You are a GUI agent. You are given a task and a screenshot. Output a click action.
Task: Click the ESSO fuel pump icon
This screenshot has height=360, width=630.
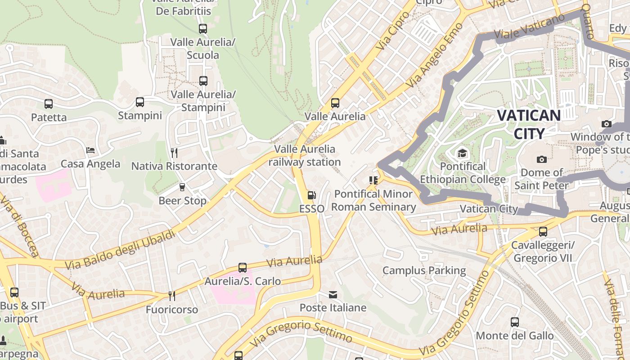tap(311, 195)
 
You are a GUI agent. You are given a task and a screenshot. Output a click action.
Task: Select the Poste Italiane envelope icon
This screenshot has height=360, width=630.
tap(333, 295)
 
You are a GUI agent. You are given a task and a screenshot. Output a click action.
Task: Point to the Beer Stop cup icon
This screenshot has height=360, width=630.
tap(182, 187)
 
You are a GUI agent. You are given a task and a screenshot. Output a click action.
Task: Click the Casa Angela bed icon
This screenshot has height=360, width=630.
tap(90, 150)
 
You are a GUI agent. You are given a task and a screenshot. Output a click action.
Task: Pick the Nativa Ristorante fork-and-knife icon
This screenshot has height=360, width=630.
tap(174, 153)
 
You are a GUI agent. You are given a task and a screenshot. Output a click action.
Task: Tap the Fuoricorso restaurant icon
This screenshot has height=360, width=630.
tap(171, 296)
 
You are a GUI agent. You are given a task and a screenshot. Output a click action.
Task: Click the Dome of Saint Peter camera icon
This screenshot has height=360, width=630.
tap(542, 159)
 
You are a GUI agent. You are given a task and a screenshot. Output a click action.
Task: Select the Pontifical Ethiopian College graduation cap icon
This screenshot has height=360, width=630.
tap(462, 153)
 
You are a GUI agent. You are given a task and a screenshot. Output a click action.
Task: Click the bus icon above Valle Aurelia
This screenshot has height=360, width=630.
tap(335, 103)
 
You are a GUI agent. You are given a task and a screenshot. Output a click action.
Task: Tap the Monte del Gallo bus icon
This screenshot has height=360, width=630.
tap(515, 322)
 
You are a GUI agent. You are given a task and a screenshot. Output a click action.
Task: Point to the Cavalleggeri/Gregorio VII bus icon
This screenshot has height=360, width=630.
tap(543, 232)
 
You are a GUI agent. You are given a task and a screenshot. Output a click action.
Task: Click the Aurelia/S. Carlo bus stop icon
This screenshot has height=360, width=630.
tap(243, 268)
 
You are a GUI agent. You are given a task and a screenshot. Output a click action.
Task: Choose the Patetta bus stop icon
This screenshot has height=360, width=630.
tap(49, 104)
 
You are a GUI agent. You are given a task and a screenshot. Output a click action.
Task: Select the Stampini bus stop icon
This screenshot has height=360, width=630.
tap(140, 102)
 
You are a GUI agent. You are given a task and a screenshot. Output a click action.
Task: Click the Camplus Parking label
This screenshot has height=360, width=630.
tap(424, 270)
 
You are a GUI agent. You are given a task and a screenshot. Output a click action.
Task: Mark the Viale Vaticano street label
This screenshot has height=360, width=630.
tap(529, 27)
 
